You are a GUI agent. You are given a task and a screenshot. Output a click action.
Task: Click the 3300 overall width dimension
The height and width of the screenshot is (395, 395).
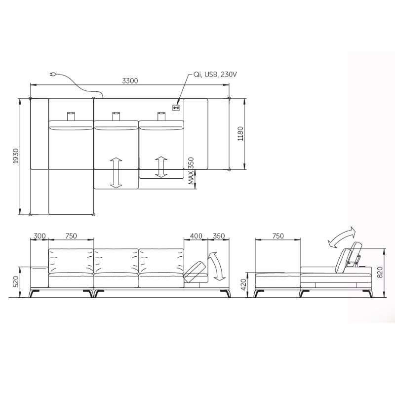point(130,80)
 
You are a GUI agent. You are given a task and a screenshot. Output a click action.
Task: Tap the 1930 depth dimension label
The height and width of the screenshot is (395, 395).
point(16,156)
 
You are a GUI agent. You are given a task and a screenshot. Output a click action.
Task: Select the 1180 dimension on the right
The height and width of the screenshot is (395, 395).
point(241,133)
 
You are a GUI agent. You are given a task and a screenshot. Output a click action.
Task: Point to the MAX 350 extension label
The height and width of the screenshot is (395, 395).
point(192,171)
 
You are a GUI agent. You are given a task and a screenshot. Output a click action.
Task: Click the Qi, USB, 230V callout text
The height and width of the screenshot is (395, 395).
point(215,75)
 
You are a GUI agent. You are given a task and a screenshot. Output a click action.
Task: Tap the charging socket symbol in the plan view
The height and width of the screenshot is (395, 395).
point(176,108)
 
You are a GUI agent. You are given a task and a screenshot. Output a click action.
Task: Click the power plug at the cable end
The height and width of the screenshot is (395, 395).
point(53,75)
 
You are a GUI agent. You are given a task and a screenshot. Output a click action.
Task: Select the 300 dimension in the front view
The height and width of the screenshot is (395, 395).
point(39,236)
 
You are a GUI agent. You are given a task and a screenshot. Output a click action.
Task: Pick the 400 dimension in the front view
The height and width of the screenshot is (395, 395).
point(196,236)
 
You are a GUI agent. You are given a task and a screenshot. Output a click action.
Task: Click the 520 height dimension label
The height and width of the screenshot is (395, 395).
point(16,281)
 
